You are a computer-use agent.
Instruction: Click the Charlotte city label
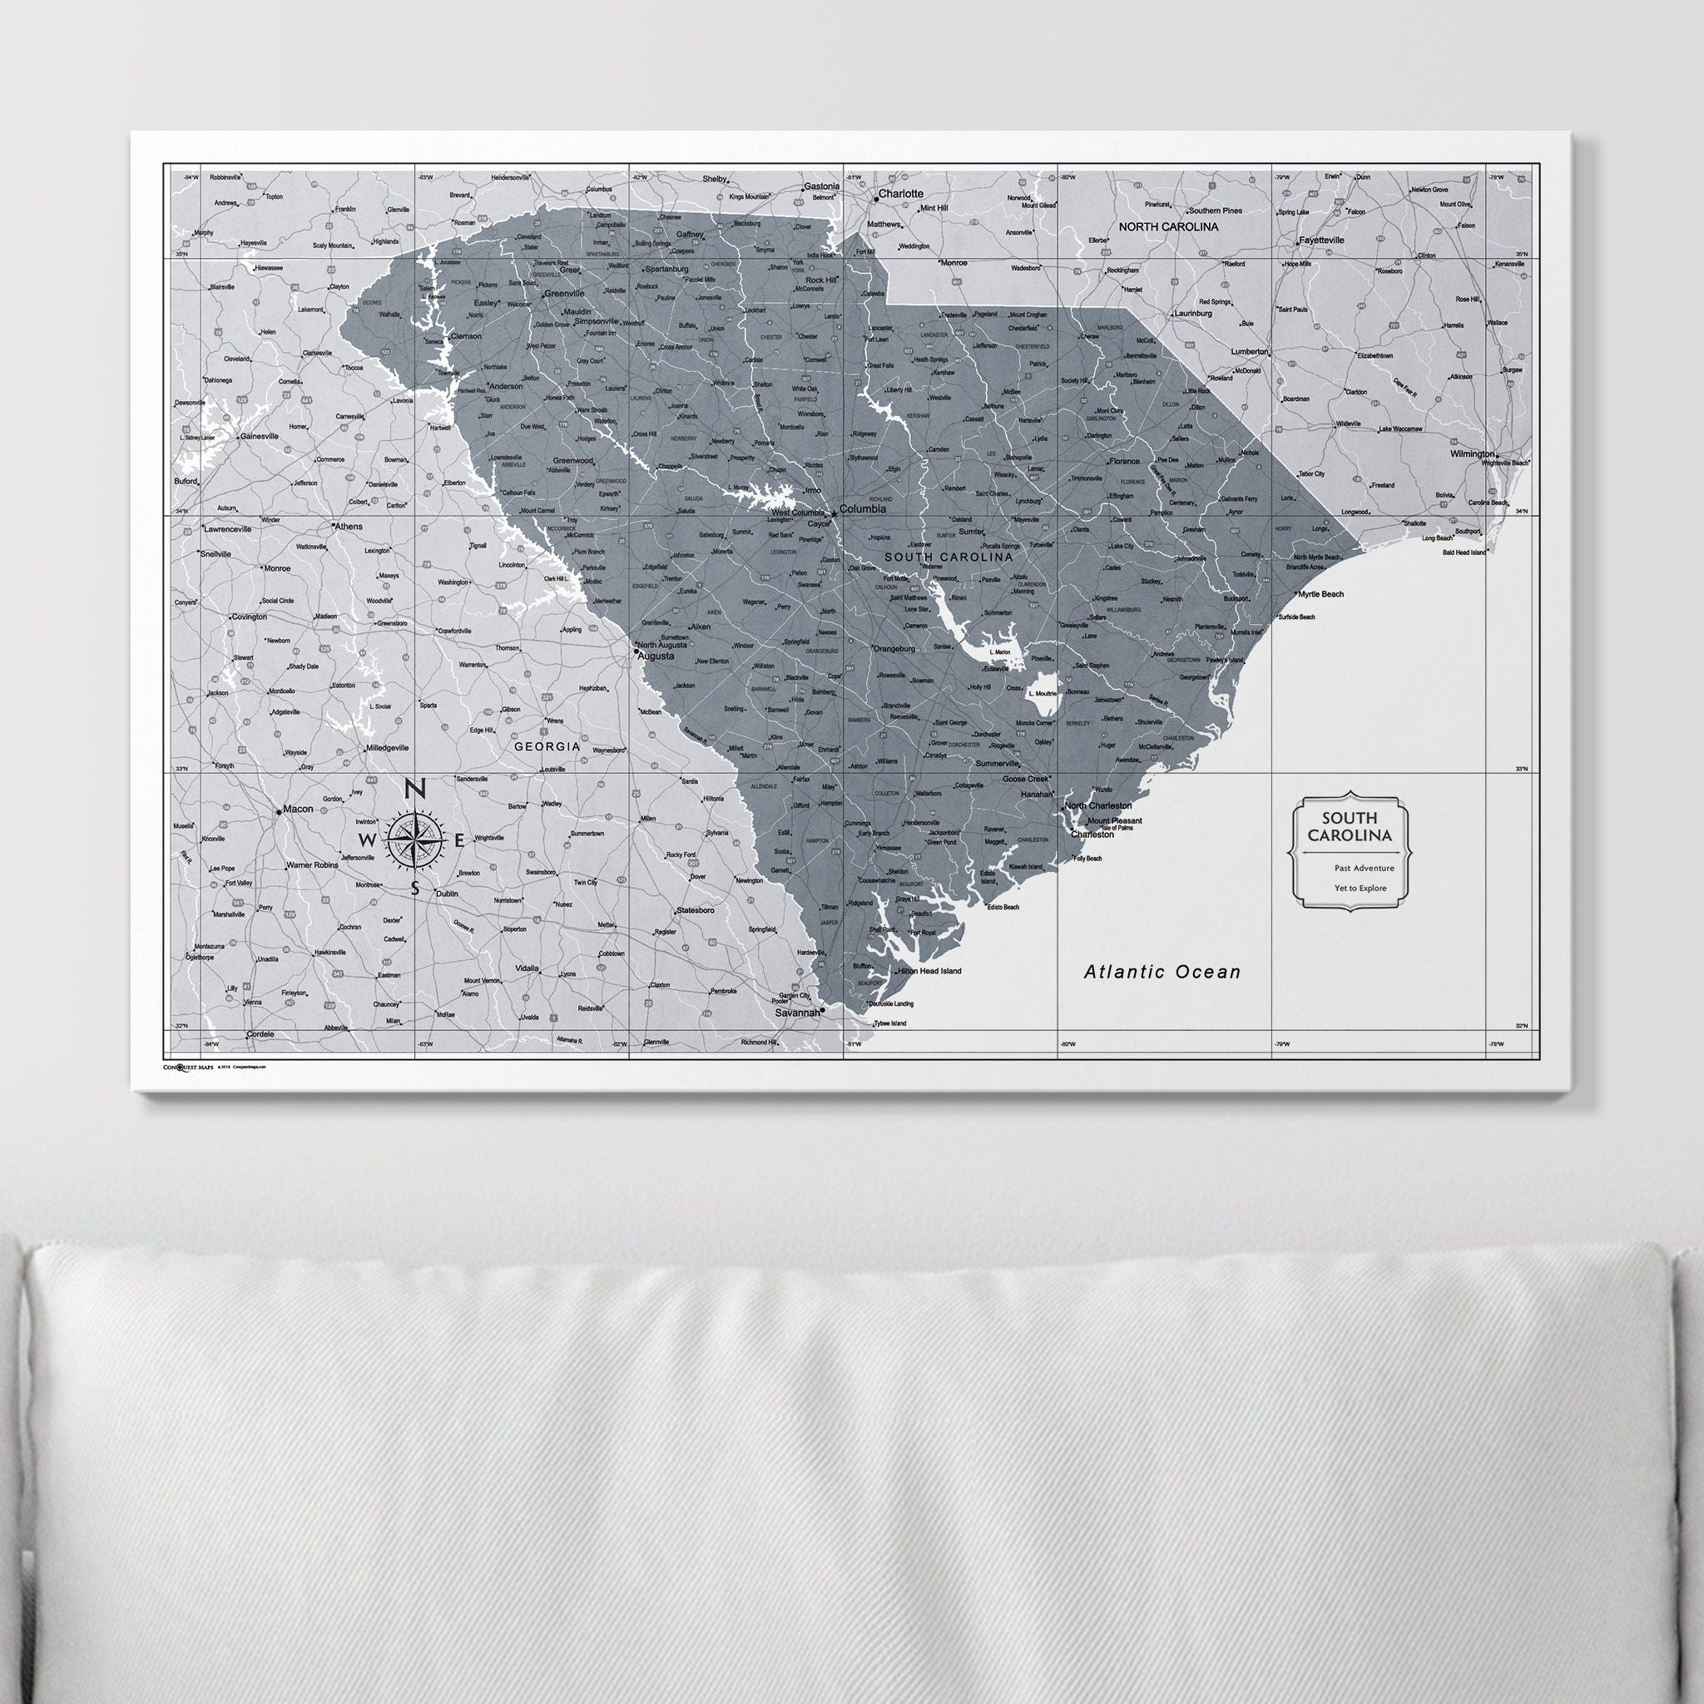click(x=900, y=193)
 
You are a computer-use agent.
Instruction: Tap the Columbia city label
click(x=863, y=509)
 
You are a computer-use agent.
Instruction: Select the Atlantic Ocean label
click(x=1162, y=972)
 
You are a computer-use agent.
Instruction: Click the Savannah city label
click(x=796, y=1013)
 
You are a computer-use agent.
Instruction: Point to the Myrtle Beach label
click(x=1320, y=594)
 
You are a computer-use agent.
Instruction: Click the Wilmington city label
click(x=1472, y=454)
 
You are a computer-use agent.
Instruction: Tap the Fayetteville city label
click(x=1320, y=240)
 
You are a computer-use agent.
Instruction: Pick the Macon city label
click(x=298, y=809)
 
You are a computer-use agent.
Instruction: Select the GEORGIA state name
click(x=547, y=746)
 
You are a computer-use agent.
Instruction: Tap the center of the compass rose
click(x=414, y=839)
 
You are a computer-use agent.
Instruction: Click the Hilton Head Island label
click(x=929, y=971)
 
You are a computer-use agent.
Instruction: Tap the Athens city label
click(x=347, y=527)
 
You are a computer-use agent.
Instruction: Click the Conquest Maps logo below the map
click(x=188, y=1067)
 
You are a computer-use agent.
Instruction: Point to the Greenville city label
click(x=563, y=293)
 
